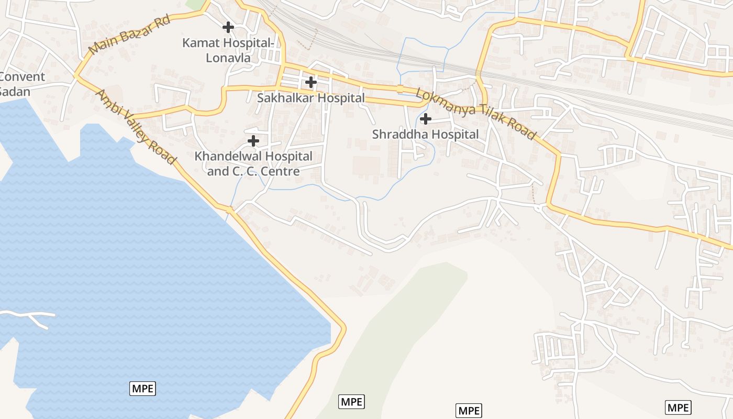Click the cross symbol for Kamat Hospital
tap(228, 27)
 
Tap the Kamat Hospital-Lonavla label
tap(228, 50)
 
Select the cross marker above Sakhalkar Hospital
tap(311, 82)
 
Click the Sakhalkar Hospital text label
tap(311, 98)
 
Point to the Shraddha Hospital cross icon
tap(426, 119)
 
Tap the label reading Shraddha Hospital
tap(425, 135)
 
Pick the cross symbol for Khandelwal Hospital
tap(253, 141)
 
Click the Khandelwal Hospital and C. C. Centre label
tap(253, 163)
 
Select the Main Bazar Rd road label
tap(130, 35)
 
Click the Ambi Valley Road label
tap(135, 127)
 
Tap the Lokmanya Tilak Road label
tap(476, 114)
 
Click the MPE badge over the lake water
tap(143, 389)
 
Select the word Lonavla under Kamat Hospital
tap(228, 58)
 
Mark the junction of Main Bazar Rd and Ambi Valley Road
tap(76, 75)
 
